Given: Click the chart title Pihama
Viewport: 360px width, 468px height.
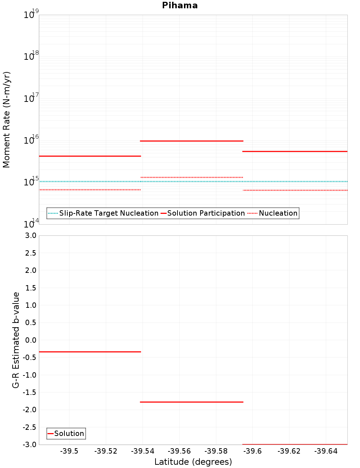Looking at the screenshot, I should (x=180, y=5).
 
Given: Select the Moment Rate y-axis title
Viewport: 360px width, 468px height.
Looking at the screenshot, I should (x=6, y=120).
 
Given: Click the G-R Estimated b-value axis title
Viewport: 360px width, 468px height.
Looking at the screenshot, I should (x=15, y=340).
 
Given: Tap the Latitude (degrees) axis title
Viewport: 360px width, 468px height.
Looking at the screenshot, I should (x=193, y=462).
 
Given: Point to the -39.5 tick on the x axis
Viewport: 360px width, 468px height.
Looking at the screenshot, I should (x=69, y=451).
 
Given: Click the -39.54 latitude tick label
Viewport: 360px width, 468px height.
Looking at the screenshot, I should (x=143, y=451).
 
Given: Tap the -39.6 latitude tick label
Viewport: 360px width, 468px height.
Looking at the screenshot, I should (x=252, y=451).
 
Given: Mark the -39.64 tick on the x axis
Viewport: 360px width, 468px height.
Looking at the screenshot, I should (x=326, y=451).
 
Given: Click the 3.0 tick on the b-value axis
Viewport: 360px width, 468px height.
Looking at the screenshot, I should (x=31, y=235).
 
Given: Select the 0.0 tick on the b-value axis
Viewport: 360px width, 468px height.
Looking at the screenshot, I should (x=31, y=340).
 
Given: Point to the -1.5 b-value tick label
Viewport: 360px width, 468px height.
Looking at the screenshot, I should (x=30, y=392).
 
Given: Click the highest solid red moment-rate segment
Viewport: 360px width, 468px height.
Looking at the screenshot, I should (x=192, y=141).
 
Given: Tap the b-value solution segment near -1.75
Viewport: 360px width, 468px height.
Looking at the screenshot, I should (x=192, y=402).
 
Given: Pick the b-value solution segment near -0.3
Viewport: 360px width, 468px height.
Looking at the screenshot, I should (x=90, y=352).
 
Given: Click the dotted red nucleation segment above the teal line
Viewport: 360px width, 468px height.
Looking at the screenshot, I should (x=192, y=177).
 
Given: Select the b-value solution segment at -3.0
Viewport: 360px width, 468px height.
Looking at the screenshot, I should (x=295, y=444).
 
